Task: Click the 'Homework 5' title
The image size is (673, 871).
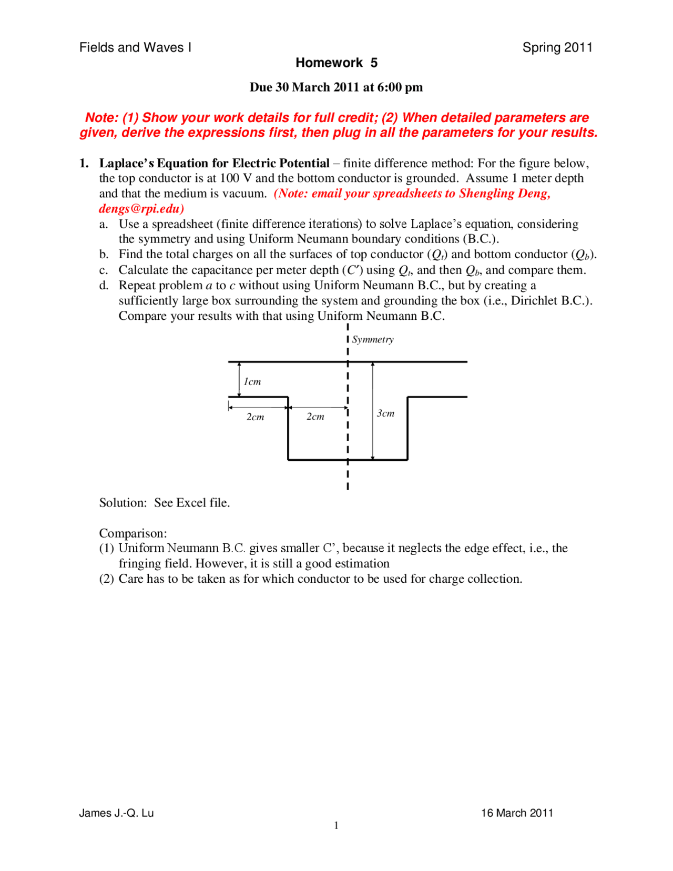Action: pyautogui.click(x=336, y=63)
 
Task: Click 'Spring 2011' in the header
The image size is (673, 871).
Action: pyautogui.click(x=557, y=47)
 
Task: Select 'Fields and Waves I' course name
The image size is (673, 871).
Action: pyautogui.click(x=135, y=47)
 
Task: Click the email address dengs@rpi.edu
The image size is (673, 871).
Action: pyautogui.click(x=141, y=209)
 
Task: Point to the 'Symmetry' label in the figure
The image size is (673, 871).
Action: pyautogui.click(x=373, y=339)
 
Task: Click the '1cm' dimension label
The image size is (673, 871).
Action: pyautogui.click(x=252, y=381)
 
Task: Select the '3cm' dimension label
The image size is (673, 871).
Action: pyautogui.click(x=385, y=413)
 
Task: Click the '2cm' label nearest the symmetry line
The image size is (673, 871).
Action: pyautogui.click(x=315, y=417)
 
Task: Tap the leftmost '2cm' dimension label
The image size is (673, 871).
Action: pyautogui.click(x=256, y=417)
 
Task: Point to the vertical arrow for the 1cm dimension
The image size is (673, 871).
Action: pyautogui.click(x=239, y=379)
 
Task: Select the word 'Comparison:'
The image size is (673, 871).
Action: pyautogui.click(x=133, y=533)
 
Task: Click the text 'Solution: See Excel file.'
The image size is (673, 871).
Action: pyautogui.click(x=165, y=502)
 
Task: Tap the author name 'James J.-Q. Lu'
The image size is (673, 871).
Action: pyautogui.click(x=116, y=813)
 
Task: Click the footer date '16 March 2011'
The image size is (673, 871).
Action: pyautogui.click(x=517, y=813)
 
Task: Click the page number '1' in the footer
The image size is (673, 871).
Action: pyautogui.click(x=336, y=825)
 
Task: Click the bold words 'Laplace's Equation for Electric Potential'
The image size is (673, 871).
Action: pyautogui.click(x=215, y=163)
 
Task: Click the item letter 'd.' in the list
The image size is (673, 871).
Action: pyautogui.click(x=104, y=285)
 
